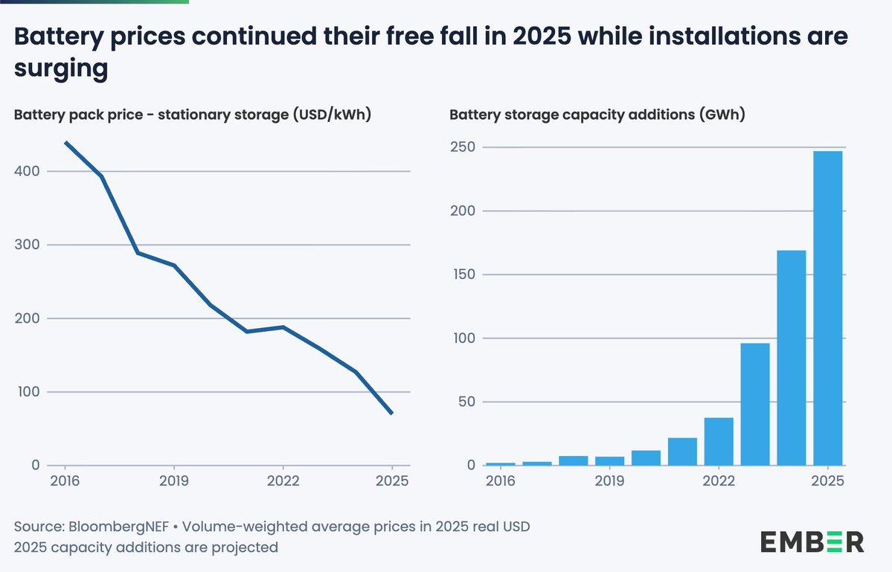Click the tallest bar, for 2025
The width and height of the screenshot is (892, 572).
tap(828, 308)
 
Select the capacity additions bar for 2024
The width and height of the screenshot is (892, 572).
tap(792, 358)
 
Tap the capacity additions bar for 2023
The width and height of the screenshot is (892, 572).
tap(755, 404)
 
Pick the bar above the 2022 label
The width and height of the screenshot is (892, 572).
tap(719, 441)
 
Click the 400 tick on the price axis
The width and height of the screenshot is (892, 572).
tap(27, 171)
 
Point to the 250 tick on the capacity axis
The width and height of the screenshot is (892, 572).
tap(463, 147)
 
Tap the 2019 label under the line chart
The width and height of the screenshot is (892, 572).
tap(174, 481)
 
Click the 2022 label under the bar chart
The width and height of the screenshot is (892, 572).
tap(719, 481)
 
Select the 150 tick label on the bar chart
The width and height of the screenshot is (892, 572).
tap(463, 274)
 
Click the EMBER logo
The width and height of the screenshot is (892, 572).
tap(812, 542)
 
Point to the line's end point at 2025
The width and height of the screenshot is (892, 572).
tap(391, 413)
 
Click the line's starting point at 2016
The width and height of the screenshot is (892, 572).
tap(65, 142)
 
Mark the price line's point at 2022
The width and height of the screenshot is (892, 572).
tap(283, 327)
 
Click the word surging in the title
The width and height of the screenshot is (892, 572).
tap(61, 68)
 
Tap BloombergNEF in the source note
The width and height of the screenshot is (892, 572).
tap(118, 527)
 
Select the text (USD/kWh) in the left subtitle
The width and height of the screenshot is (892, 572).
tap(333, 115)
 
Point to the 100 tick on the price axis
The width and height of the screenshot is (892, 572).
tap(27, 392)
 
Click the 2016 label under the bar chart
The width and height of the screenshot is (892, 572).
tap(501, 481)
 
